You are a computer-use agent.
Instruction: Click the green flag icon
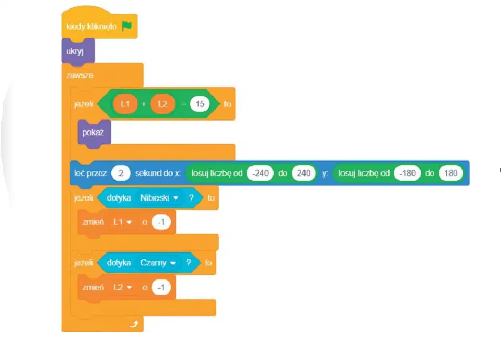[127, 26]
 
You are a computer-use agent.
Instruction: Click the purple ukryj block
[78, 51]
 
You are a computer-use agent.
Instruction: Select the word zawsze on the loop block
[80, 75]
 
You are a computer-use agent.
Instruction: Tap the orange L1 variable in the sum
[125, 104]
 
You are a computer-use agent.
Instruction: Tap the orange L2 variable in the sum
[163, 104]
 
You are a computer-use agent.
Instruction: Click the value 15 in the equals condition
[200, 104]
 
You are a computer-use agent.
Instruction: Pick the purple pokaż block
[94, 133]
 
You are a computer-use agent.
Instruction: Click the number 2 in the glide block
[121, 173]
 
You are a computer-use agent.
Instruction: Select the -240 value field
[260, 173]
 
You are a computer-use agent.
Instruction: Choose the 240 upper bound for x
[303, 173]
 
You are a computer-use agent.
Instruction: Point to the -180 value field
[407, 173]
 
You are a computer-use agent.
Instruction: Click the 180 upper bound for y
[451, 173]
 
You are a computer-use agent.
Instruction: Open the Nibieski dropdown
[159, 198]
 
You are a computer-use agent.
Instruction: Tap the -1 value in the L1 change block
[161, 222]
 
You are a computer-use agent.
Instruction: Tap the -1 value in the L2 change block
[161, 287]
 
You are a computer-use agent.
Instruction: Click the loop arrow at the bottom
[134, 324]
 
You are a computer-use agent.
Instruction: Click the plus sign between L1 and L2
[144, 104]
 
